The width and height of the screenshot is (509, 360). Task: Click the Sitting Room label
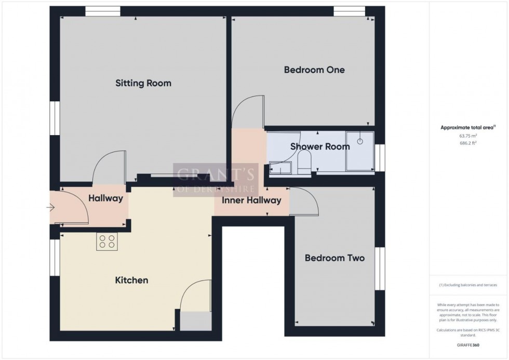click(x=143, y=83)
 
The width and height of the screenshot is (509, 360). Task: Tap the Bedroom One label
click(x=314, y=70)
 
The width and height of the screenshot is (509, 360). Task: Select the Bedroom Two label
click(x=334, y=258)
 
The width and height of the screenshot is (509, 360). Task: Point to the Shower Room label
click(x=320, y=146)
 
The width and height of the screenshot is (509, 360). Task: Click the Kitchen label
click(x=131, y=281)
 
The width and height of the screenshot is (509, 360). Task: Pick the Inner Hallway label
click(x=251, y=200)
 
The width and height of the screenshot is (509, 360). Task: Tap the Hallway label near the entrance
click(x=105, y=198)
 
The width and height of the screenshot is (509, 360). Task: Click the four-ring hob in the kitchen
click(x=107, y=242)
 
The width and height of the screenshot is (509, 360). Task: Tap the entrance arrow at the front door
click(x=50, y=208)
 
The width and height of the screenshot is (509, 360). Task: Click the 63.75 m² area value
click(x=468, y=136)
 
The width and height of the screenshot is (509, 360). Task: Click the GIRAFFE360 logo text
click(x=468, y=344)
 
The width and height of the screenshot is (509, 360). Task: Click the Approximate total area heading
click(x=468, y=127)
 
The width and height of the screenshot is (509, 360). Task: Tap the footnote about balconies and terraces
click(x=468, y=285)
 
